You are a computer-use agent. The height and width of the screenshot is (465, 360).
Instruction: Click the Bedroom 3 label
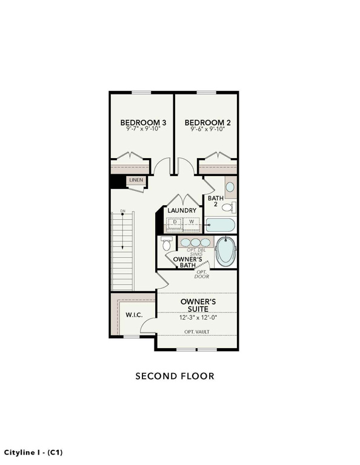[x=143, y=122]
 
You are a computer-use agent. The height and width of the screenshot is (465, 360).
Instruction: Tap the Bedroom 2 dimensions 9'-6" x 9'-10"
[x=207, y=129]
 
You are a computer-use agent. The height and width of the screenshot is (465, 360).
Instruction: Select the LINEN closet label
[x=136, y=180]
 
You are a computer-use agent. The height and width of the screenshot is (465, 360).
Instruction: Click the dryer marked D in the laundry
[x=175, y=223]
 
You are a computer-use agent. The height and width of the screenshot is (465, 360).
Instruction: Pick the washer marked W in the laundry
[x=192, y=223]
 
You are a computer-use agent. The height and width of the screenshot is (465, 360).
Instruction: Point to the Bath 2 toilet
[x=229, y=207]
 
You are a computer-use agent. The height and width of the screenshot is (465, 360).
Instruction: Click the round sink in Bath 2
[x=230, y=187]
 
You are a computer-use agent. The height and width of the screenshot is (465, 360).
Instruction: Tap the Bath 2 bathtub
[x=220, y=225]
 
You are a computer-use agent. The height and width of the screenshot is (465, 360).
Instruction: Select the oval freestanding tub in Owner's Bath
[x=226, y=252]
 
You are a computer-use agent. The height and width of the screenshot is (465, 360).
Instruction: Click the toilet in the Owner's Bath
[x=166, y=243]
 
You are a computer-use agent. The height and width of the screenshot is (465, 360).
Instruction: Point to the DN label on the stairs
[x=123, y=211]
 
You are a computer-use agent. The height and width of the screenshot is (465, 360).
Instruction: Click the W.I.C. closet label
[x=134, y=315]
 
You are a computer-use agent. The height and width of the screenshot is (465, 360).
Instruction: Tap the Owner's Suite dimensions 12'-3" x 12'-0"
[x=198, y=318]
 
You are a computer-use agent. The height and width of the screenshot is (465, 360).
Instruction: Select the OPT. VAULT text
[x=197, y=332]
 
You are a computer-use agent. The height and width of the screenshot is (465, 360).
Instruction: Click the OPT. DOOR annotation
[x=202, y=274]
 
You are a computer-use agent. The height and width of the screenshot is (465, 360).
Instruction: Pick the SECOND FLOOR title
[x=175, y=376]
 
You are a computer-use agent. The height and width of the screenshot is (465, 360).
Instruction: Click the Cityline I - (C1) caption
[x=33, y=452]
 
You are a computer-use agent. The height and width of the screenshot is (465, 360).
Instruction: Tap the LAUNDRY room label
[x=182, y=210]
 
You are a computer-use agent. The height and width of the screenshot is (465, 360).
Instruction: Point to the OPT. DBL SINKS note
[x=196, y=252]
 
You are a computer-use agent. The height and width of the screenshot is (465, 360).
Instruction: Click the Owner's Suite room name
[x=198, y=305]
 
